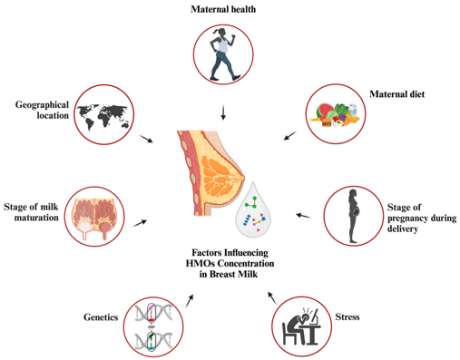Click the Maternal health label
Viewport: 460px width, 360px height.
click(x=223, y=9)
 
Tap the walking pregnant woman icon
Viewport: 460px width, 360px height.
click(x=223, y=54)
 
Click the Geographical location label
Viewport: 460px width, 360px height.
click(x=42, y=110)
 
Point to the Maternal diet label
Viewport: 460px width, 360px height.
click(x=396, y=94)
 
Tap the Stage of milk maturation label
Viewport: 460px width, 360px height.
click(x=31, y=212)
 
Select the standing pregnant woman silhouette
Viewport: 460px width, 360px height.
click(x=353, y=216)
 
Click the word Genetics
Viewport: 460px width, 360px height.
click(x=101, y=317)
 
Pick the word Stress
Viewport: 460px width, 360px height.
click(x=347, y=316)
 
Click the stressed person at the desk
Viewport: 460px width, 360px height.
click(x=302, y=326)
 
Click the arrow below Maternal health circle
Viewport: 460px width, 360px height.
click(x=223, y=112)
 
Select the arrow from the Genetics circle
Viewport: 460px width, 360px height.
click(x=189, y=301)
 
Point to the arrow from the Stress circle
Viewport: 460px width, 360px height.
click(x=272, y=298)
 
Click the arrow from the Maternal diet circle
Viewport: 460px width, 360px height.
click(x=290, y=135)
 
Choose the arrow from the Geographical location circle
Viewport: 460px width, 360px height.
click(x=146, y=139)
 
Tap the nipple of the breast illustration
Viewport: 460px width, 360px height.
click(x=243, y=179)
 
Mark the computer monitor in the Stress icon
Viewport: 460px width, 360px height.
click(x=315, y=317)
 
